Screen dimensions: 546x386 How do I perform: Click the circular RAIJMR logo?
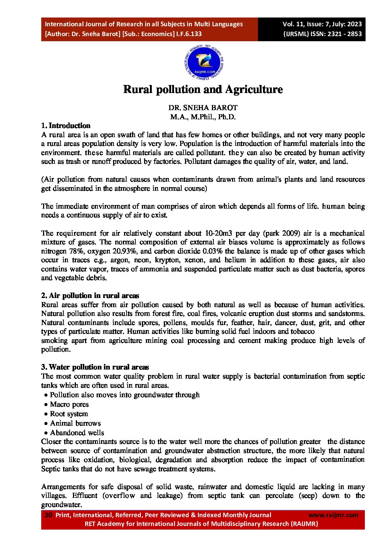pos(204,63)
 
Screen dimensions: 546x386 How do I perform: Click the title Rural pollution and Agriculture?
pos(203,89)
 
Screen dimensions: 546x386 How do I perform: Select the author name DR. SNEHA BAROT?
pos(203,108)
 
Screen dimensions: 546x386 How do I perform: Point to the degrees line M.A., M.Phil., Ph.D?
pos(203,117)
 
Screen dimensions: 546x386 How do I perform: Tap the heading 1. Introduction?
pos(66,125)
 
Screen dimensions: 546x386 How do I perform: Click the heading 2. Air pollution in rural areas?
pos(90,295)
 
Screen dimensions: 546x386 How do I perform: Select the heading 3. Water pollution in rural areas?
pos(95,367)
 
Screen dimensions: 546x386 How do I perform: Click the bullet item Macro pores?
pos(69,404)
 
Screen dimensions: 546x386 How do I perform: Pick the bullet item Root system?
pos(69,414)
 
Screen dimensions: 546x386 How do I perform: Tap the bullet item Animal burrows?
pos(75,423)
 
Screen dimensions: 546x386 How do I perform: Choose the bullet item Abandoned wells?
pos(77,433)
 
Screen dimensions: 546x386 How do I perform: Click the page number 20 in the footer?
pos(48,515)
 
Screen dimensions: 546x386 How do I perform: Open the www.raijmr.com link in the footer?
pos(333,515)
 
